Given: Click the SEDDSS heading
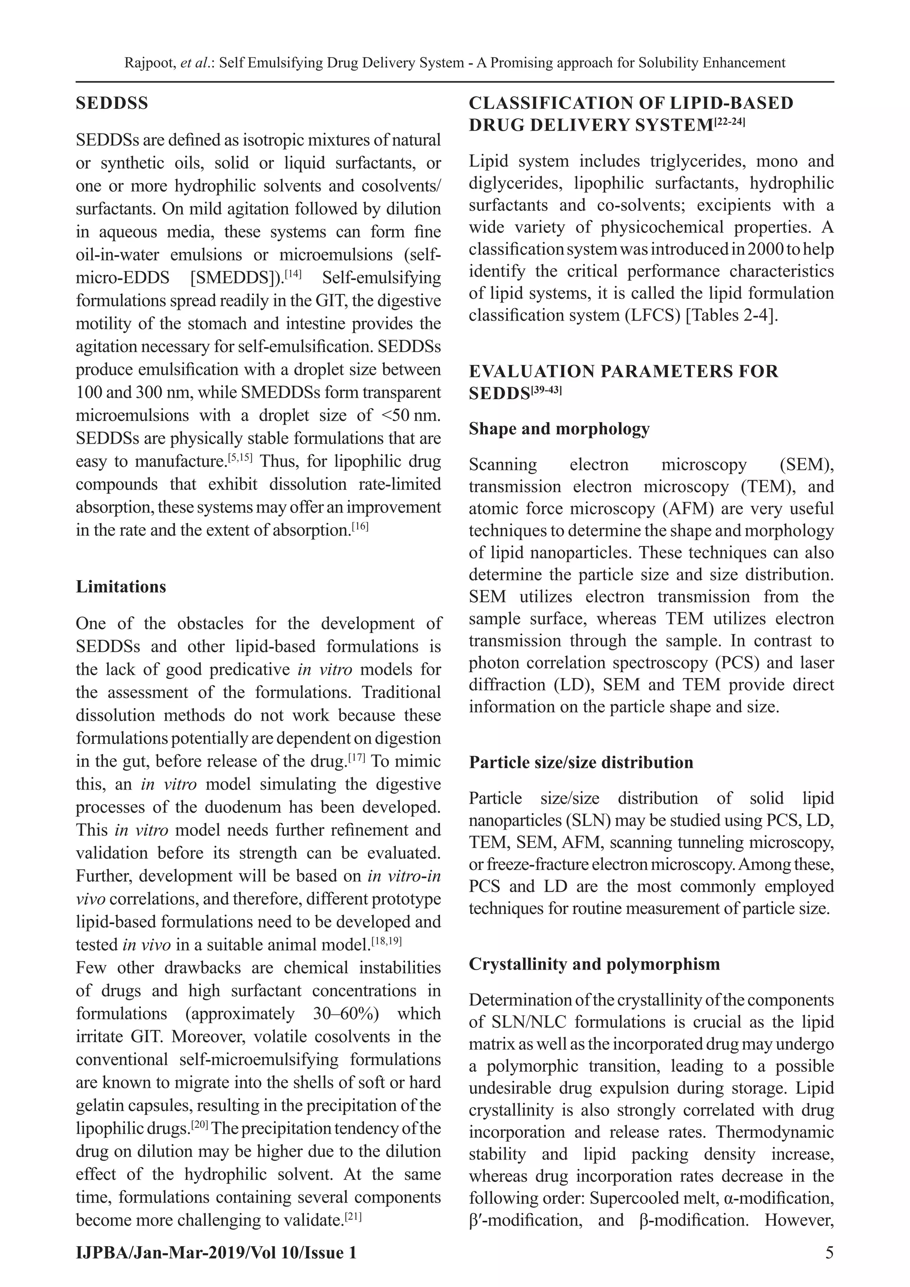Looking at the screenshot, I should [112, 104].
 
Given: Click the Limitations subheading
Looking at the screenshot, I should [121, 587].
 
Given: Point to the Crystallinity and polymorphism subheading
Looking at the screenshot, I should [595, 964].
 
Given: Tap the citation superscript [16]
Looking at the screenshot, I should [360, 526].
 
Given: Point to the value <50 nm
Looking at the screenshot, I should [410, 415].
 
